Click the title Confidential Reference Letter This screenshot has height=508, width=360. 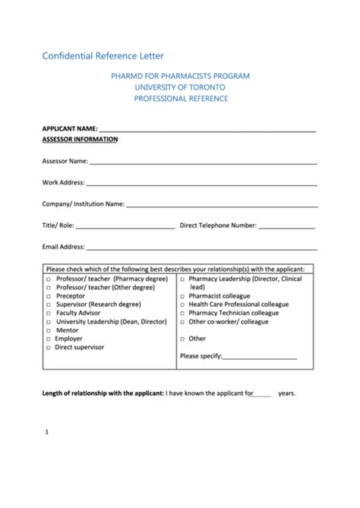click(x=103, y=55)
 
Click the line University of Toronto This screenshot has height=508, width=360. click(x=180, y=87)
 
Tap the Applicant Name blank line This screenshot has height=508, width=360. click(x=207, y=131)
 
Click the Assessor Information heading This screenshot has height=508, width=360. click(x=80, y=140)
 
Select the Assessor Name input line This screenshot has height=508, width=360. click(x=203, y=162)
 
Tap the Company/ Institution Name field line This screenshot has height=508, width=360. click(x=221, y=205)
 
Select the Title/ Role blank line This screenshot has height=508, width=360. click(x=125, y=226)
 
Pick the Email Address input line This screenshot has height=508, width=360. click(x=201, y=248)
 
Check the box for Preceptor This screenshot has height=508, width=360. click(x=49, y=296)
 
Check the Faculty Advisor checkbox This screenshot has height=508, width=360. click(x=49, y=313)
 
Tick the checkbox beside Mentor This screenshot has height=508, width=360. click(x=49, y=330)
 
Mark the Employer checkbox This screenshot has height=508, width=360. click(x=49, y=339)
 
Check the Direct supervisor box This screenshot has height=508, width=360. click(x=49, y=348)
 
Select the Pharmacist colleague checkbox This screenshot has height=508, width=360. click(x=182, y=296)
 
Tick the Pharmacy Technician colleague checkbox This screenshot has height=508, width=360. click(x=182, y=313)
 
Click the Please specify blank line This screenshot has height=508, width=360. click(x=259, y=358)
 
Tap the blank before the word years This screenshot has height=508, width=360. click(x=262, y=395)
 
